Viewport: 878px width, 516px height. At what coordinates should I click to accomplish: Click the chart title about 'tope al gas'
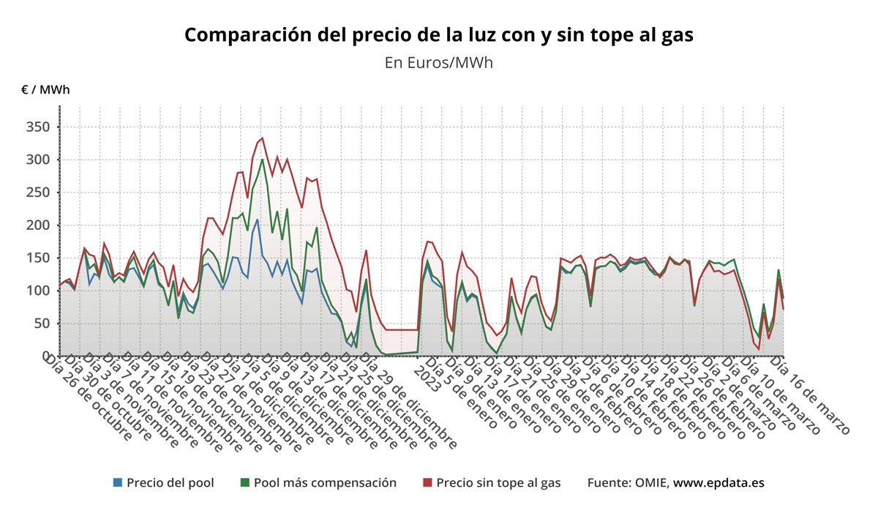[x=438, y=35]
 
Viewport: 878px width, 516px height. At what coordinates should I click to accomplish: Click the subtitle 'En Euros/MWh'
[x=438, y=62]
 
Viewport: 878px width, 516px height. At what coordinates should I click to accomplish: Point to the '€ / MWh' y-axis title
[x=46, y=90]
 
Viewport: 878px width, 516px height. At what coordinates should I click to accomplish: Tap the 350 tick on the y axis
[x=39, y=127]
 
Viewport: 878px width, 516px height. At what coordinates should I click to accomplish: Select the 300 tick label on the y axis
[x=39, y=160]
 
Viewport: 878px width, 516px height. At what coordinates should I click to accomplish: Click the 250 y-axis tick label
[x=39, y=192]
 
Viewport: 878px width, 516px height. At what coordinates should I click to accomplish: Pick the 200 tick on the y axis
[x=39, y=225]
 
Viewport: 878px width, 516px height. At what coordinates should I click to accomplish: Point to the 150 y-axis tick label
[x=39, y=258]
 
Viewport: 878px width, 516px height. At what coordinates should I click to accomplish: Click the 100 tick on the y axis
[x=39, y=291]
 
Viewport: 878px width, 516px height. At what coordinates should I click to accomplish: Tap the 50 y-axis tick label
[x=42, y=324]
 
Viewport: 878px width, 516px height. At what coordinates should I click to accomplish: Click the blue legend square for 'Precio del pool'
[x=118, y=483]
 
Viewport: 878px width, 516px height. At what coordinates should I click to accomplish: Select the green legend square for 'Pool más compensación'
[x=245, y=483]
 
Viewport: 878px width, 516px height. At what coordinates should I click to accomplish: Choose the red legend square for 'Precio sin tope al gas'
[x=427, y=483]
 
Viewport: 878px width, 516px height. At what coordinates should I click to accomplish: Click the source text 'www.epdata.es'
[x=718, y=483]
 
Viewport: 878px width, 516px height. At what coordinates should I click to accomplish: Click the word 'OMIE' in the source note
[x=650, y=483]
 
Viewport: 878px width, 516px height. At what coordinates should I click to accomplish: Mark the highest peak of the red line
[x=263, y=138]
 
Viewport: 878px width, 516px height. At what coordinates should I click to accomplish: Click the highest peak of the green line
[x=263, y=159]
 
